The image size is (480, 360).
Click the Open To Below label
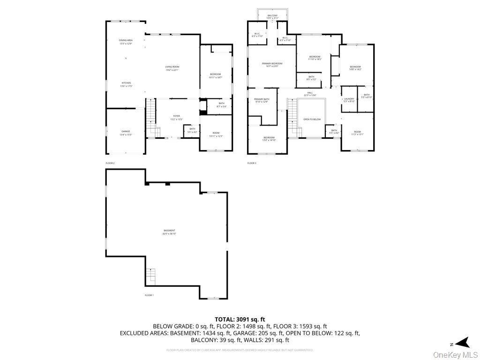(x=312, y=120)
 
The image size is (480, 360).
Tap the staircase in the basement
(x=150, y=277)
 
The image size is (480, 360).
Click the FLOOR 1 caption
(x=149, y=295)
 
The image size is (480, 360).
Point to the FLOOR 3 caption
(x=252, y=163)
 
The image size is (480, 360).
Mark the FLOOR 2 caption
(x=110, y=163)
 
